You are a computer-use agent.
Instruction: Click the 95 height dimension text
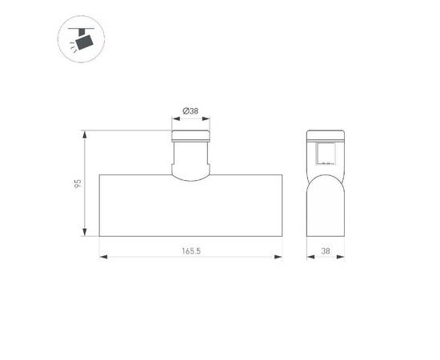point(78,183)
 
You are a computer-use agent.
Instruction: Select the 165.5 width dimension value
point(190,251)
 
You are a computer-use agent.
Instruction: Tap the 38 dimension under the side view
point(326,251)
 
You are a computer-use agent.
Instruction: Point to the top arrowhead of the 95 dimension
point(84,131)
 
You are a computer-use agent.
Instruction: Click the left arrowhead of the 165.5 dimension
point(102,258)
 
